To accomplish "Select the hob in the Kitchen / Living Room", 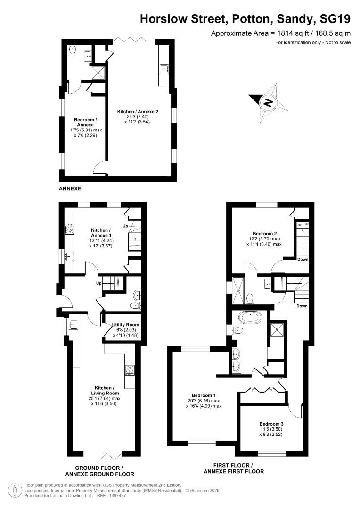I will point(130,370).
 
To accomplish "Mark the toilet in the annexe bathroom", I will point(73,50).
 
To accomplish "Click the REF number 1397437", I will point(118,496).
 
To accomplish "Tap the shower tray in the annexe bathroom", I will point(98,72).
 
